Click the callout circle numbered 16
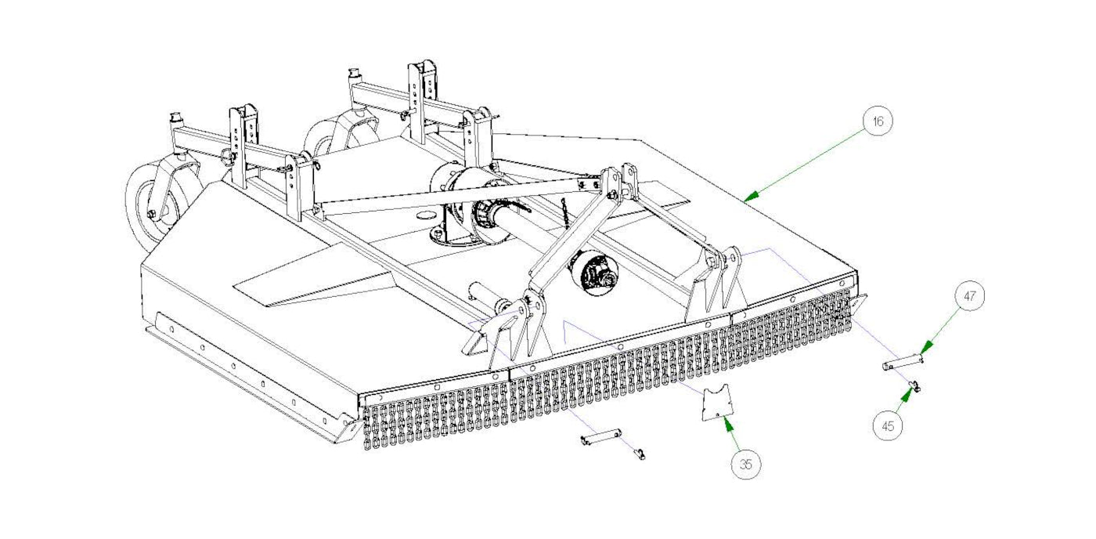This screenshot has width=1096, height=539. pyautogui.click(x=878, y=121)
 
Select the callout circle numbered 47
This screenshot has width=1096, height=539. pyautogui.click(x=970, y=297)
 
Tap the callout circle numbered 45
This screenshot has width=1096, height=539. pyautogui.click(x=888, y=426)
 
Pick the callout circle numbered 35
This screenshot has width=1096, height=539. pyautogui.click(x=745, y=465)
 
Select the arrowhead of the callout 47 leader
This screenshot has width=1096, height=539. pyautogui.click(x=921, y=352)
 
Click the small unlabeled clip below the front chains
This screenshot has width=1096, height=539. pyautogui.click(x=640, y=454)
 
